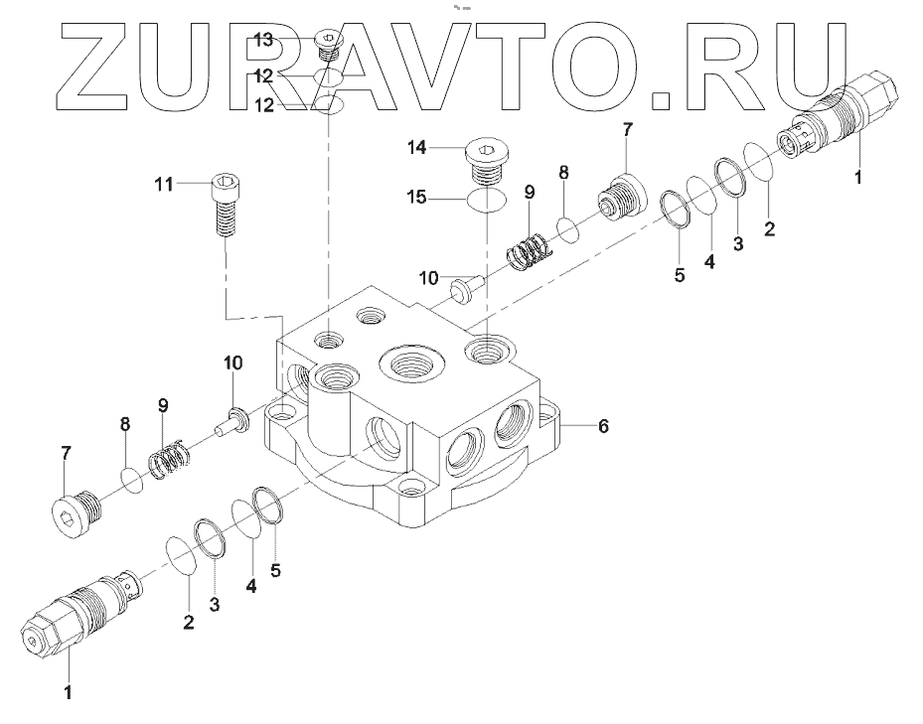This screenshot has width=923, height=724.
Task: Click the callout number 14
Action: (x=416, y=148)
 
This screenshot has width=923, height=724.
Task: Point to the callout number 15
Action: (x=416, y=198)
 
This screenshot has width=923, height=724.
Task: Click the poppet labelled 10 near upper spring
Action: (x=463, y=289)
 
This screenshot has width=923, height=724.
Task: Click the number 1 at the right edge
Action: (x=859, y=179)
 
